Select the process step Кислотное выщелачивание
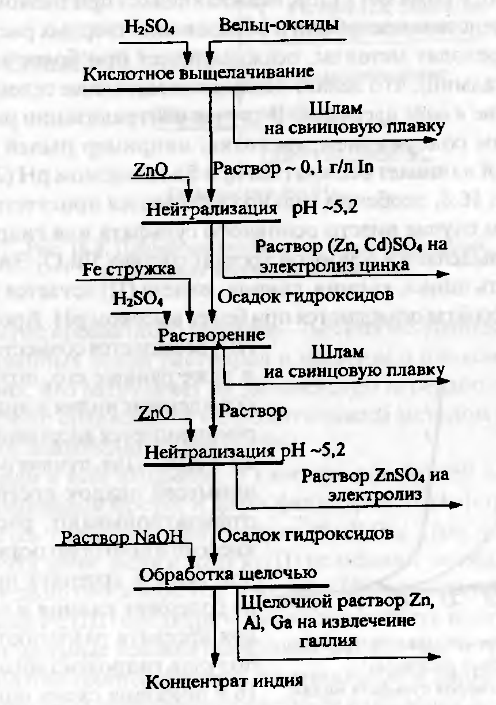tap(199, 74)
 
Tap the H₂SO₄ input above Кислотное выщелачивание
tap(149, 28)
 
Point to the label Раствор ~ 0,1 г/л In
tap(293, 168)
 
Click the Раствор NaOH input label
tap(126, 537)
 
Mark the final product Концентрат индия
tap(224, 681)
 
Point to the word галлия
tap(329, 640)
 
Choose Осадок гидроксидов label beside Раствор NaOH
tap(306, 534)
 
